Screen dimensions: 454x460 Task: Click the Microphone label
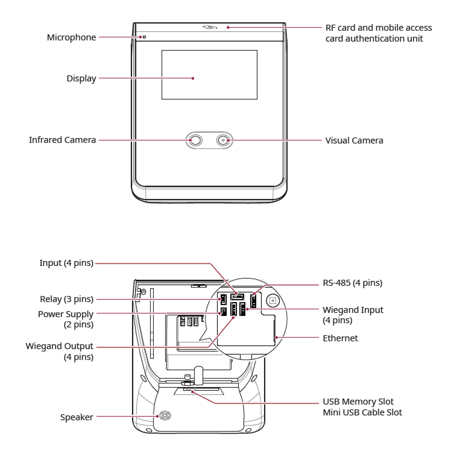click(71, 37)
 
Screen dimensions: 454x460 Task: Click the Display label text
click(81, 78)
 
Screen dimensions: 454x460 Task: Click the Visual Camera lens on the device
click(224, 140)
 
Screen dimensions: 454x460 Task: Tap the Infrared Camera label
click(63, 140)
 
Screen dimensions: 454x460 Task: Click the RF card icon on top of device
click(210, 28)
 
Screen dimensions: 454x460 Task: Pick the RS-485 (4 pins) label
click(353, 282)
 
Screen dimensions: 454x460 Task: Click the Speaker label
click(77, 417)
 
